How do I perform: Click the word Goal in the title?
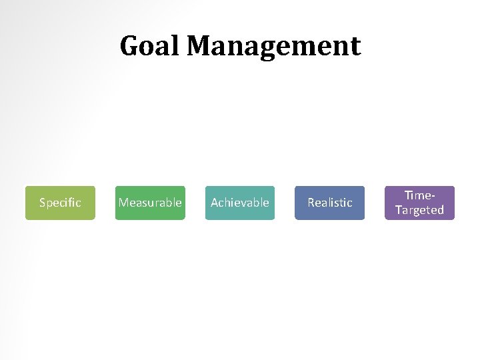(150, 46)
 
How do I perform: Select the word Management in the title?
(273, 47)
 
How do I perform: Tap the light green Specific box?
(60, 203)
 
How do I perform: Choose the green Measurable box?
(150, 203)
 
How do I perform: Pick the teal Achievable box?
(240, 203)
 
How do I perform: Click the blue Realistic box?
(330, 203)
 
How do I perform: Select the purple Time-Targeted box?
(420, 203)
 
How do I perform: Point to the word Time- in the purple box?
(420, 195)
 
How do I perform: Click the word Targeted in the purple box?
(420, 210)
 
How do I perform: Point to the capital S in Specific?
(42, 203)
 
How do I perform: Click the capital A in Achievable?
(215, 203)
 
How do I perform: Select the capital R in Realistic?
(311, 203)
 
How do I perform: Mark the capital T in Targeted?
(398, 210)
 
